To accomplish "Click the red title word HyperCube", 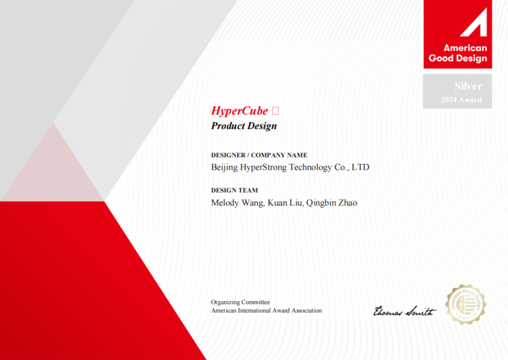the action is coord(240,111).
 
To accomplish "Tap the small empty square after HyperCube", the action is coord(275,111).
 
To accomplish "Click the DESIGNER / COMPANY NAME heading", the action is coord(259,155).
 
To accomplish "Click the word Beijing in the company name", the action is coord(224,167).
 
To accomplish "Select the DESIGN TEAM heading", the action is coord(235,190).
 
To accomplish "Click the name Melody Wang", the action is coord(238,203).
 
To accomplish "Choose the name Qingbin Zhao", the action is coord(332,203).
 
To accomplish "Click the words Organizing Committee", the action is coord(241,302).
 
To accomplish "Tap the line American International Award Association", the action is coord(266,310).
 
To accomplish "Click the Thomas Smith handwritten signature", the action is coord(405,311).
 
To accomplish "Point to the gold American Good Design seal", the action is coord(466,304).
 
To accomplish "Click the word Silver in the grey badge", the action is coord(468,86).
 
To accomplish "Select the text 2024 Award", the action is coord(461,100).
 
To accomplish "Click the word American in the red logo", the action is coord(465,48).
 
